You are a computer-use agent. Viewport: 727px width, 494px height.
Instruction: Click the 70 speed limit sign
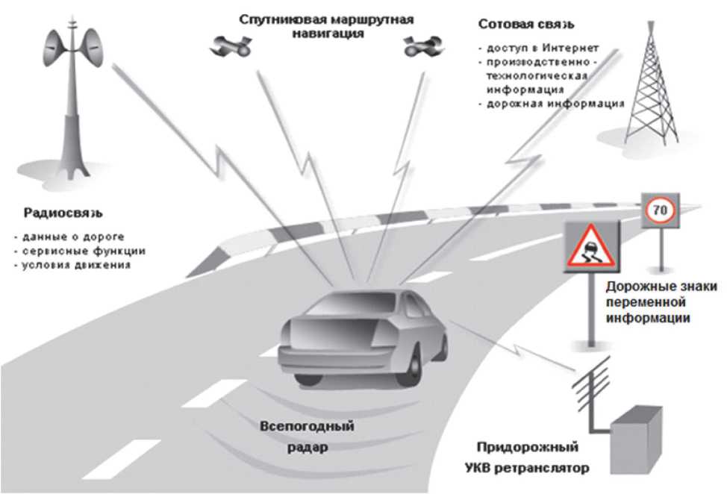click(659, 211)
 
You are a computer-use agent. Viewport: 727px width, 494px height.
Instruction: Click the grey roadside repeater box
click(635, 440)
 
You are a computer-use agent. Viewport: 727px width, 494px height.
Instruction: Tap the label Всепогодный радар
click(306, 437)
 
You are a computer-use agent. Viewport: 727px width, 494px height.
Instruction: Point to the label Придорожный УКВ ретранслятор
click(532, 458)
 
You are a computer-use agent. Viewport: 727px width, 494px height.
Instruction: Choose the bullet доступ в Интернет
click(539, 49)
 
